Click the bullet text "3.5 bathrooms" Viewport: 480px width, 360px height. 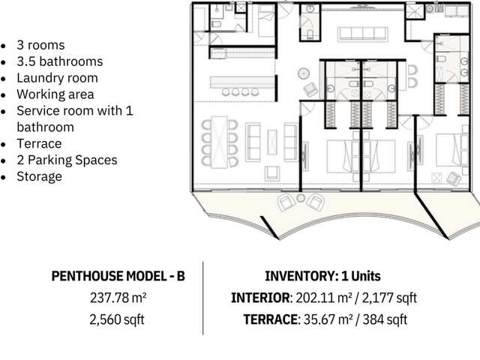pos(60,61)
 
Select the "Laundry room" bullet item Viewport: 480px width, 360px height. pos(57,78)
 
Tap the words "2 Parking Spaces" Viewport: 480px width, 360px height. pos(67,160)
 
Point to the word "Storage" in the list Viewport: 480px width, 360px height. pos(39,177)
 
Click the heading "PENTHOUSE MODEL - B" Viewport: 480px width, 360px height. pos(118,276)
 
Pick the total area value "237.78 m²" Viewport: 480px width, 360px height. pos(118,298)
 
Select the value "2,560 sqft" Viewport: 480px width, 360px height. pos(117,320)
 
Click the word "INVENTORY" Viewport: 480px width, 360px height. pos(301,276)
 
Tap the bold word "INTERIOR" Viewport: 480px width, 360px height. pos(260,298)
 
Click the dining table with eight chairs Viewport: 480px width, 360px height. pos(220,142)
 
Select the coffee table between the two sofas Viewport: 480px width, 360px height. pos(272,142)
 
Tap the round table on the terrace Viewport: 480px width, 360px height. pos(301,198)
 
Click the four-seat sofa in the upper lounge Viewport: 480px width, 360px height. pos(363,34)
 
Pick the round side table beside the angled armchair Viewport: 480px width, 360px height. pos(303,73)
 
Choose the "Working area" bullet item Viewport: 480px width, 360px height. pos(55,94)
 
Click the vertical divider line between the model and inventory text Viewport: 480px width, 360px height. pos(202,298)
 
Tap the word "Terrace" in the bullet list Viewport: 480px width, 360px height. pos(39,143)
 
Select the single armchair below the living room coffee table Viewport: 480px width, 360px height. pos(271,173)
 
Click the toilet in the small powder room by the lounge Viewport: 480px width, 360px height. pos(310,34)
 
